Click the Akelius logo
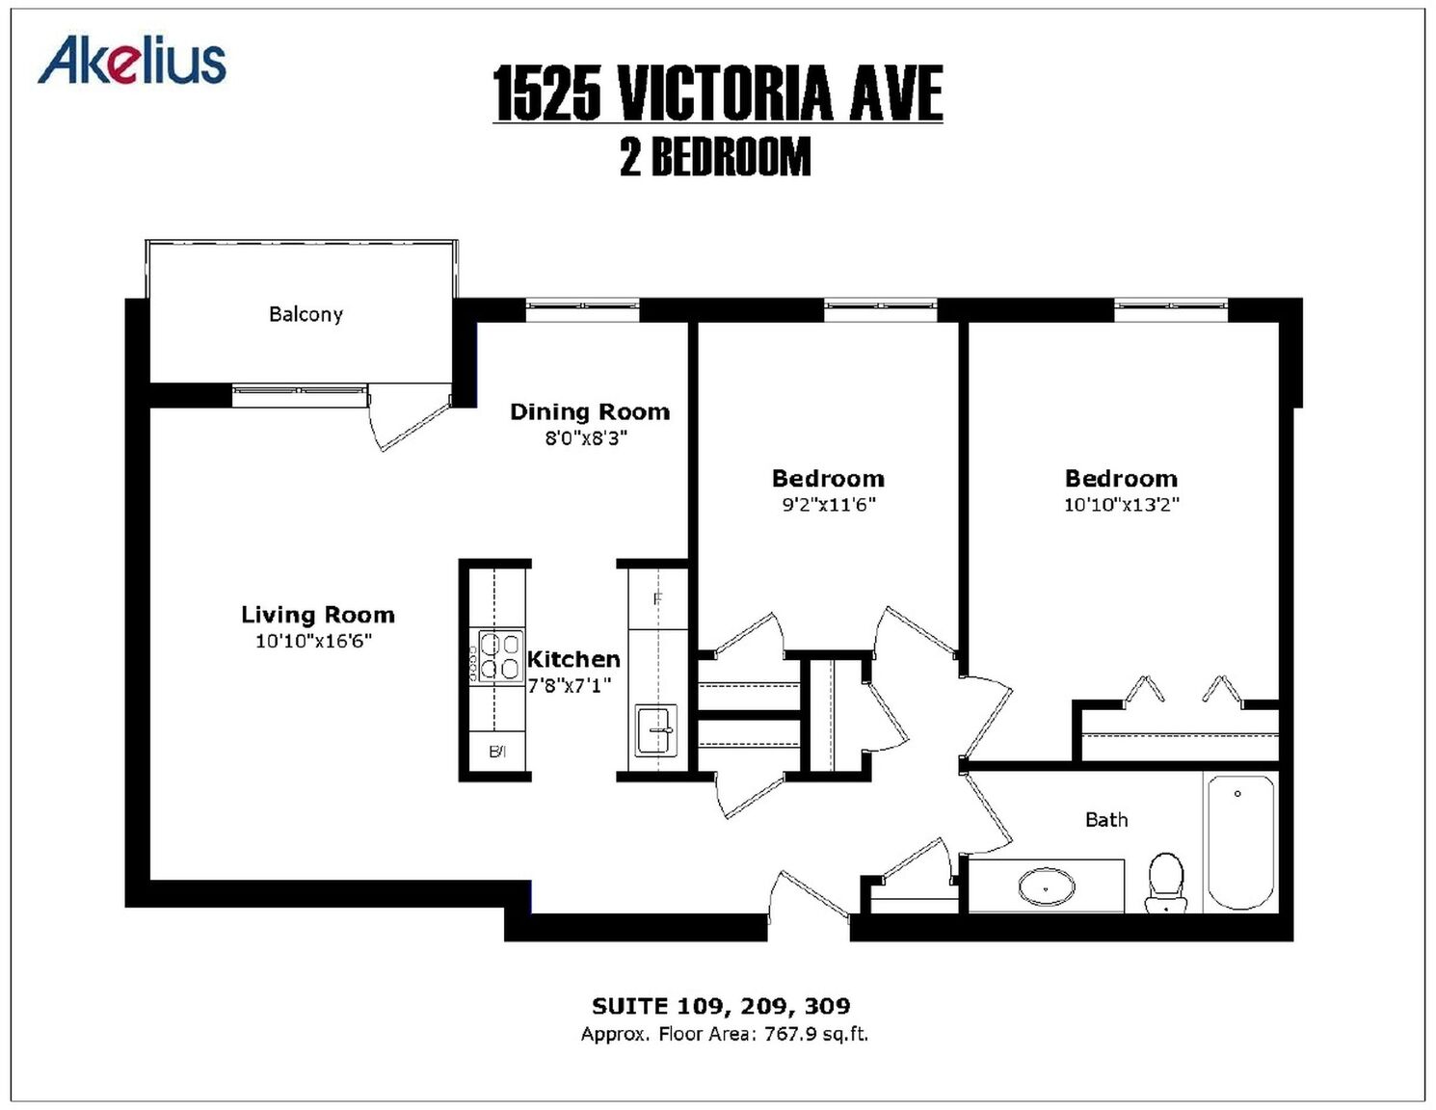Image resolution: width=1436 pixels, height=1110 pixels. click(x=131, y=60)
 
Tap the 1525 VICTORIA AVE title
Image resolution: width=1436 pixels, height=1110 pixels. click(x=718, y=93)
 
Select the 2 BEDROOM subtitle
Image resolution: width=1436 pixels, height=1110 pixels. click(x=715, y=157)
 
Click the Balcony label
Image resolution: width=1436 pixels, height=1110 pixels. click(x=306, y=314)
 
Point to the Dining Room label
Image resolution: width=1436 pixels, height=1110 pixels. click(x=590, y=411)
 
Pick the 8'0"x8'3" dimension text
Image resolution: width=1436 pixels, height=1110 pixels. click(x=586, y=438)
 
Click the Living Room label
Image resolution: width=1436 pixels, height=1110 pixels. click(x=318, y=615)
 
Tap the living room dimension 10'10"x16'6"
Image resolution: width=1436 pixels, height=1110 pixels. click(x=314, y=642)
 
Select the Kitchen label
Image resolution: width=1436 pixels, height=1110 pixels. click(x=573, y=659)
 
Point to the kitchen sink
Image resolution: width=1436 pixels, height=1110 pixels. click(x=656, y=730)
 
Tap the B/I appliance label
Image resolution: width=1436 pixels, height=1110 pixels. click(x=497, y=752)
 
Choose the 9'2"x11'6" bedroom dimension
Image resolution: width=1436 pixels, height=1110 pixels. click(x=829, y=506)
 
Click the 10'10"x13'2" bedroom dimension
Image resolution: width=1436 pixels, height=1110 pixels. click(x=1122, y=505)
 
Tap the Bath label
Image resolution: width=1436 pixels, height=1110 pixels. click(x=1106, y=820)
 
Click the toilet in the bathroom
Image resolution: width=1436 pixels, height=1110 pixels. click(x=1166, y=883)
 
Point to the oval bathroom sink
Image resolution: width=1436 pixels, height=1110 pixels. click(x=1047, y=887)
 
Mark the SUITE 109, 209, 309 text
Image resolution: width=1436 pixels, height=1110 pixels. click(x=721, y=1006)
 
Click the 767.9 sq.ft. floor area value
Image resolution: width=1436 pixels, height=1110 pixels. click(x=816, y=1034)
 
